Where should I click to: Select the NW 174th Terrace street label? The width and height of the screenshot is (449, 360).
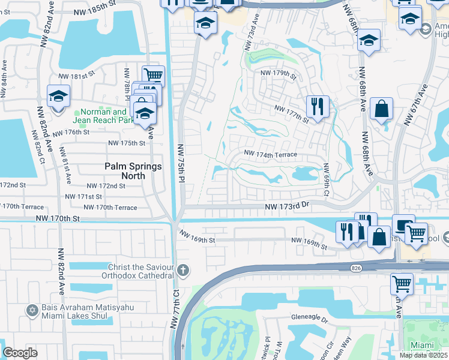pyautogui.click(x=270, y=154)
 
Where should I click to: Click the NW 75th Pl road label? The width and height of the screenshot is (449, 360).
pyautogui.click(x=180, y=162)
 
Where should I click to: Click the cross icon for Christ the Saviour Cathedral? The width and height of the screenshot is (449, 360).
pyautogui.click(x=183, y=271)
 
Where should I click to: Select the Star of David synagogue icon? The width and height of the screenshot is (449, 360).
pyautogui.click(x=32, y=310)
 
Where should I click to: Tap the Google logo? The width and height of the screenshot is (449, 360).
pyautogui.click(x=20, y=353)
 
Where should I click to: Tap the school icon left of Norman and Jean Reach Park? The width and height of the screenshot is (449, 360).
pyautogui.click(x=59, y=95)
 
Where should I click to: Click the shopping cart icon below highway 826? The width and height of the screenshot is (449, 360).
pyautogui.click(x=402, y=283)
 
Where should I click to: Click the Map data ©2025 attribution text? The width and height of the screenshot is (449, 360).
pyautogui.click(x=423, y=355)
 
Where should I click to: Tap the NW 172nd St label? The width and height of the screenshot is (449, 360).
pyautogui.click(x=106, y=186)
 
